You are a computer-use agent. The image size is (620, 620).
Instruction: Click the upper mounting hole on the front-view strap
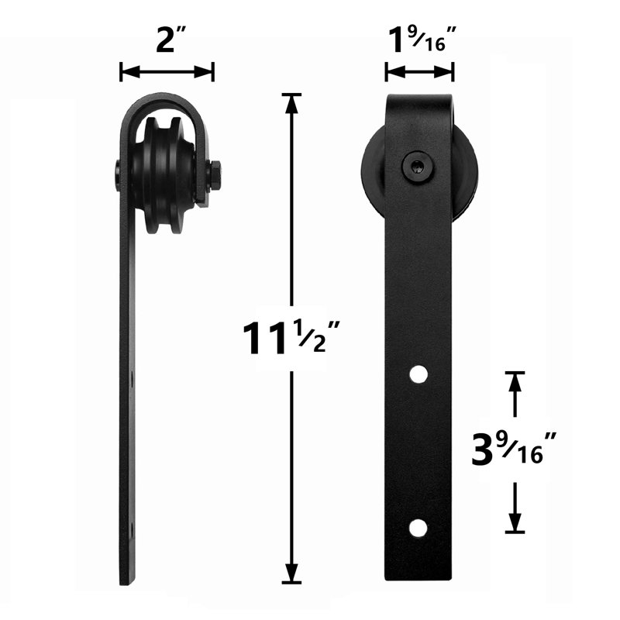coord(418,374)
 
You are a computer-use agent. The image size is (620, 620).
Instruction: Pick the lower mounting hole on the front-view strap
coord(418,529)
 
